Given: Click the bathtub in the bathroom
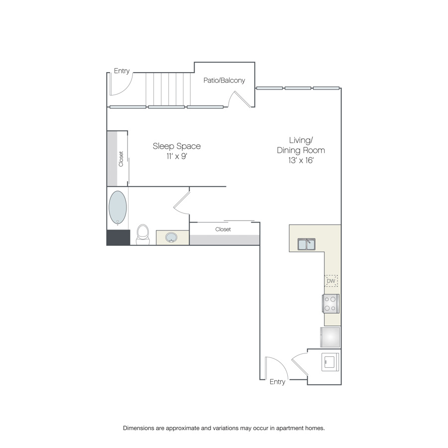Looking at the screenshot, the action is pos(117,208).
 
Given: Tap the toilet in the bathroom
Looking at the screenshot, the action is pos(143,234).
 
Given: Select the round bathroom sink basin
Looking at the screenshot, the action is pos(171,237).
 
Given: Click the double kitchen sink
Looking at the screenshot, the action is pos(307,244).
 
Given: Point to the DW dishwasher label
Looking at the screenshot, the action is pos(331,281).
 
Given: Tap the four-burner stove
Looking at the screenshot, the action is pos(331,304).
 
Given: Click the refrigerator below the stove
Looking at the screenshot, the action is pos(331,337).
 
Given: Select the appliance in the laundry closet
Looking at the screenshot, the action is pos(331,362).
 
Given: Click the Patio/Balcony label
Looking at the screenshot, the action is pos(224,80).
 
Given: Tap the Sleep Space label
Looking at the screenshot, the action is pos(177,146).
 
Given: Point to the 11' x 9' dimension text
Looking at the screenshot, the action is pos(177,156).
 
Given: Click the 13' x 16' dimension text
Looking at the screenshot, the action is pos(301,160).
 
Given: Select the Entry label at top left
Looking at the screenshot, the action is pos(122,71).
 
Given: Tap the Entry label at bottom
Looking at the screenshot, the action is pos(277,382).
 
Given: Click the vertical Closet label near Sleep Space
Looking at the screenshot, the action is pos(121,159).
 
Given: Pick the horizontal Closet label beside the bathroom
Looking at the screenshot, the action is pos(223,229).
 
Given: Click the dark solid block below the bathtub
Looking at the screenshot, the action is pos(118,237).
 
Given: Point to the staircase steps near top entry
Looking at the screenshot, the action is pos(168,89).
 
